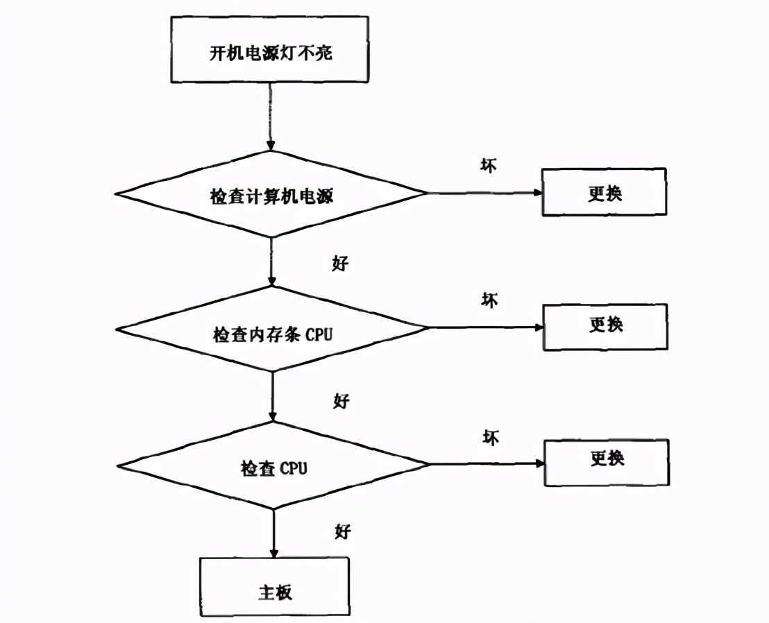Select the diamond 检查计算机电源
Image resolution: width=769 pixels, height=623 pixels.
point(271,195)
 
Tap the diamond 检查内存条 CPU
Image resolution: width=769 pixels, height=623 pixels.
point(272,333)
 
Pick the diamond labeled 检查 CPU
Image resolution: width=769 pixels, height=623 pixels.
point(273,468)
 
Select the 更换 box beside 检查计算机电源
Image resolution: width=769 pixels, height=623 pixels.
point(604,192)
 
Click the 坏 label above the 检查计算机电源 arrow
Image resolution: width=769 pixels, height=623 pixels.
point(489,165)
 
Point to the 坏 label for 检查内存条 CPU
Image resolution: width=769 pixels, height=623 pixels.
point(489,300)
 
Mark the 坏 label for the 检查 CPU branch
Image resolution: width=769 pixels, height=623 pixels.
point(491,437)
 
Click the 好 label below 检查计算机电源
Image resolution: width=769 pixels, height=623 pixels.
point(340,264)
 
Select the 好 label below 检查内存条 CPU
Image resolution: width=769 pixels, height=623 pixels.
point(341,400)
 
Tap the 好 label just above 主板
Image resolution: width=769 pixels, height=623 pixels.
point(343,532)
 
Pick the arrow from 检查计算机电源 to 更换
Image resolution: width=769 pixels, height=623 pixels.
point(484,194)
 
